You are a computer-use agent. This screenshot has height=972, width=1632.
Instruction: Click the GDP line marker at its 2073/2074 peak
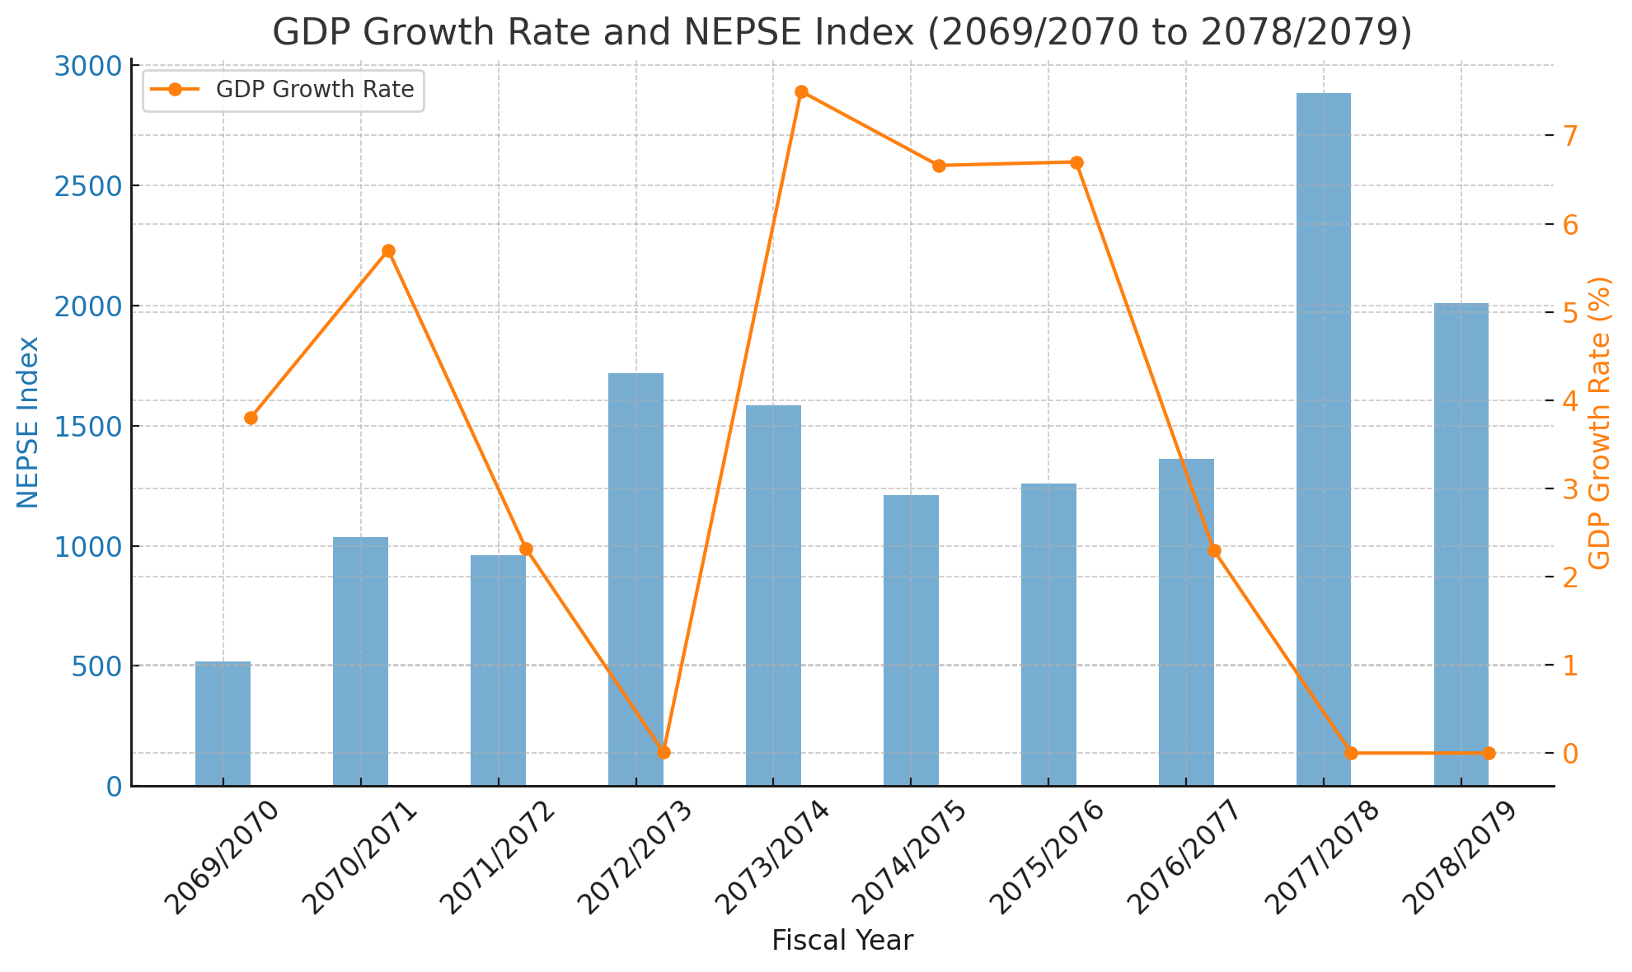[x=801, y=91]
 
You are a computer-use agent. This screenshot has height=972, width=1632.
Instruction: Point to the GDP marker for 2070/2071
[x=388, y=250]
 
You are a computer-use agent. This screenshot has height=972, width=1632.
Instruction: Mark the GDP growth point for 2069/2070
[x=251, y=418]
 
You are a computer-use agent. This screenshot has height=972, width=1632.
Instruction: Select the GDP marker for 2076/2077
[x=1213, y=550]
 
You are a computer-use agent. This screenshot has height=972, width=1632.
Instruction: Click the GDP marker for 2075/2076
[x=1076, y=162]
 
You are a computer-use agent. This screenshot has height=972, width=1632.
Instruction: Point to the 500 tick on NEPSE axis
[x=96, y=666]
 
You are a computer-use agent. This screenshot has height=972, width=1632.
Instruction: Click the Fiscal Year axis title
[x=842, y=941]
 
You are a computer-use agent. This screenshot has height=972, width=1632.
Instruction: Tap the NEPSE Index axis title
[x=28, y=422]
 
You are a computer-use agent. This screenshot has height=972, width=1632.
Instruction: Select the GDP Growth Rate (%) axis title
[x=1599, y=422]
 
